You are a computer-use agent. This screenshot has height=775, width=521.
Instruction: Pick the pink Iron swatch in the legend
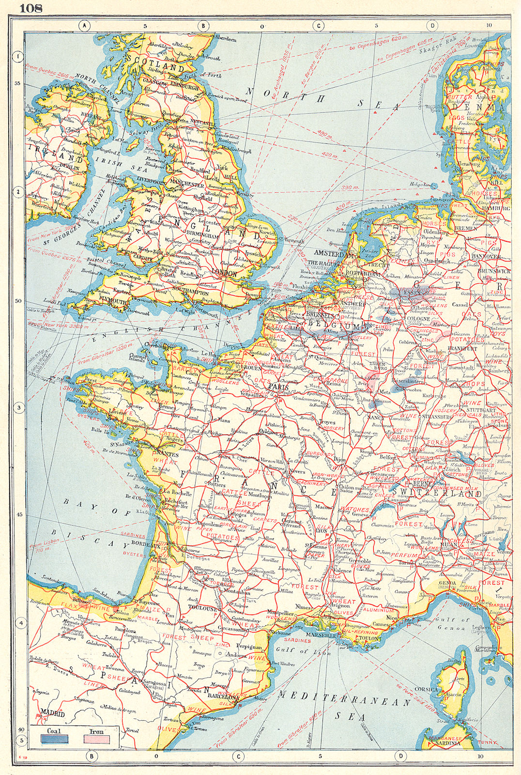click(97, 739)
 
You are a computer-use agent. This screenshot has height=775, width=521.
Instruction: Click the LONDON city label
click(224, 274)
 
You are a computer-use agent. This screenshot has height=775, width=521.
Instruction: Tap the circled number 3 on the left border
click(18, 408)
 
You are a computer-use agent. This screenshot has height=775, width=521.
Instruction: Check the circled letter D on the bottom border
click(400, 756)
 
